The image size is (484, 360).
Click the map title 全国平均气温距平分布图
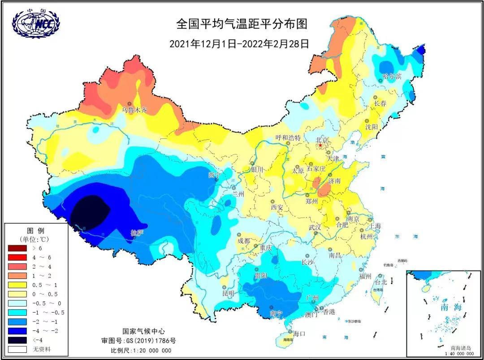point(242,24)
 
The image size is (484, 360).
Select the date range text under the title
point(240,44)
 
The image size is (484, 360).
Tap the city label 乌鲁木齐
point(134,110)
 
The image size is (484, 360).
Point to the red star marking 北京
point(320,146)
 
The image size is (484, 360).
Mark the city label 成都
point(244,241)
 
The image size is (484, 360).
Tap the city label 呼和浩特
point(287,137)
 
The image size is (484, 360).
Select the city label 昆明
point(228,294)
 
